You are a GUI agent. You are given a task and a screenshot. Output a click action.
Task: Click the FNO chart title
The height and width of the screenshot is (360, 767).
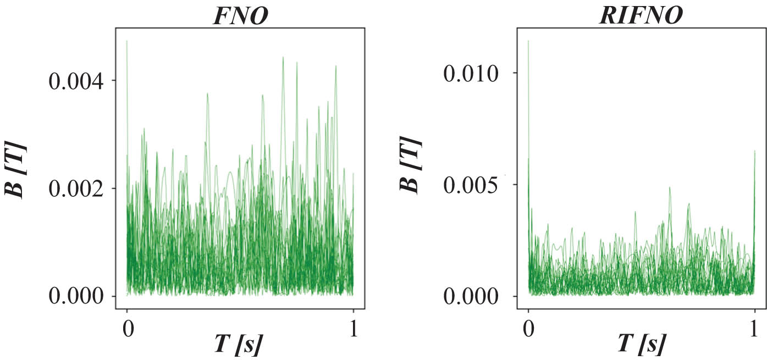point(241,15)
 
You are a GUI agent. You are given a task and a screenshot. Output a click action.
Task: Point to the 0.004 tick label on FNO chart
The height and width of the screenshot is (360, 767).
point(76,81)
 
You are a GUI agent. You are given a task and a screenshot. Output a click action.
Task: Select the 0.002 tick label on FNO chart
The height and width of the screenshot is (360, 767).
point(76,189)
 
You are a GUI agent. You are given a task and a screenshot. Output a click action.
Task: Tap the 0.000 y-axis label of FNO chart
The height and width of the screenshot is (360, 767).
point(76,297)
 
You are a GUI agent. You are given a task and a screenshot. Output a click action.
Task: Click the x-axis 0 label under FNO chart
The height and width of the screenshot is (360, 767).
point(127,329)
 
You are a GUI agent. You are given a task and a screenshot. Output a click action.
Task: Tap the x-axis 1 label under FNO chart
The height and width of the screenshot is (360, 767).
point(353,329)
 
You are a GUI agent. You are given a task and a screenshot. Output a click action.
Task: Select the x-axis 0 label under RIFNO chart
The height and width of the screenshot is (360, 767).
point(528,329)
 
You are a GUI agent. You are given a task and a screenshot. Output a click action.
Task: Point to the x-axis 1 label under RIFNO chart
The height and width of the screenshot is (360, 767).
point(755,329)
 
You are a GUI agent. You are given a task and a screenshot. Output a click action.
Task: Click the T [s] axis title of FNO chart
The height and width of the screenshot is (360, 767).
point(238,345)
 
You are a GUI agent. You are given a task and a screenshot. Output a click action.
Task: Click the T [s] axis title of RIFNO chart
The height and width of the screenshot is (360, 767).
point(640,345)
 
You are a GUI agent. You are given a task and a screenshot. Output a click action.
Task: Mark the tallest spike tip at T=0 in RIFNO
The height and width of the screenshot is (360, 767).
point(528,41)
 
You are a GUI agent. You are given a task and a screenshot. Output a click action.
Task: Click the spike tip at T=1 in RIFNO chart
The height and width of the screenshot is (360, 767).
point(755,151)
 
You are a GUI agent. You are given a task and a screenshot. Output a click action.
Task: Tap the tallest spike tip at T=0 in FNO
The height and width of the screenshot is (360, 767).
point(127,41)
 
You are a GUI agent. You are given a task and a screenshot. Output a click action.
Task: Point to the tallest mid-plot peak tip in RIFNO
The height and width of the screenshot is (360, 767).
point(670,188)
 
